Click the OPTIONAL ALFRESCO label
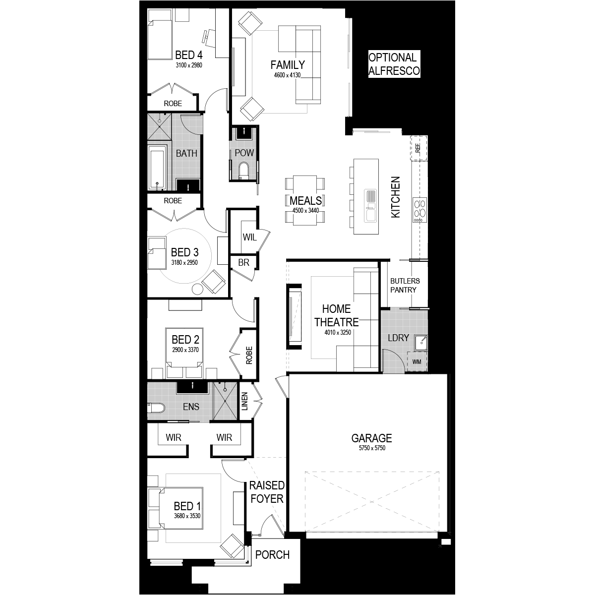point(394,64)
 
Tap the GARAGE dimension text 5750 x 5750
point(372,448)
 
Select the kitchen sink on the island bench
point(370,206)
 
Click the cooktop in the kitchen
point(419,210)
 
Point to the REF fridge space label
point(418,148)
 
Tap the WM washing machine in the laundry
point(416,361)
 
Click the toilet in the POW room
point(243,171)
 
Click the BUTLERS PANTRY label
point(405,285)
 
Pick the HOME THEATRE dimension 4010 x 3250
point(338,333)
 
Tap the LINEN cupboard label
point(244,401)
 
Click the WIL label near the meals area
point(249,238)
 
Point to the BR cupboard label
point(243,262)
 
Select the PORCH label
point(272,555)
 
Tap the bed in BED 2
point(184,353)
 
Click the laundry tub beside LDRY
point(420,343)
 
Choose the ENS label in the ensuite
point(191,407)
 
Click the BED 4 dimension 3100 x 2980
point(189,65)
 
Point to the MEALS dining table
point(305,200)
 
